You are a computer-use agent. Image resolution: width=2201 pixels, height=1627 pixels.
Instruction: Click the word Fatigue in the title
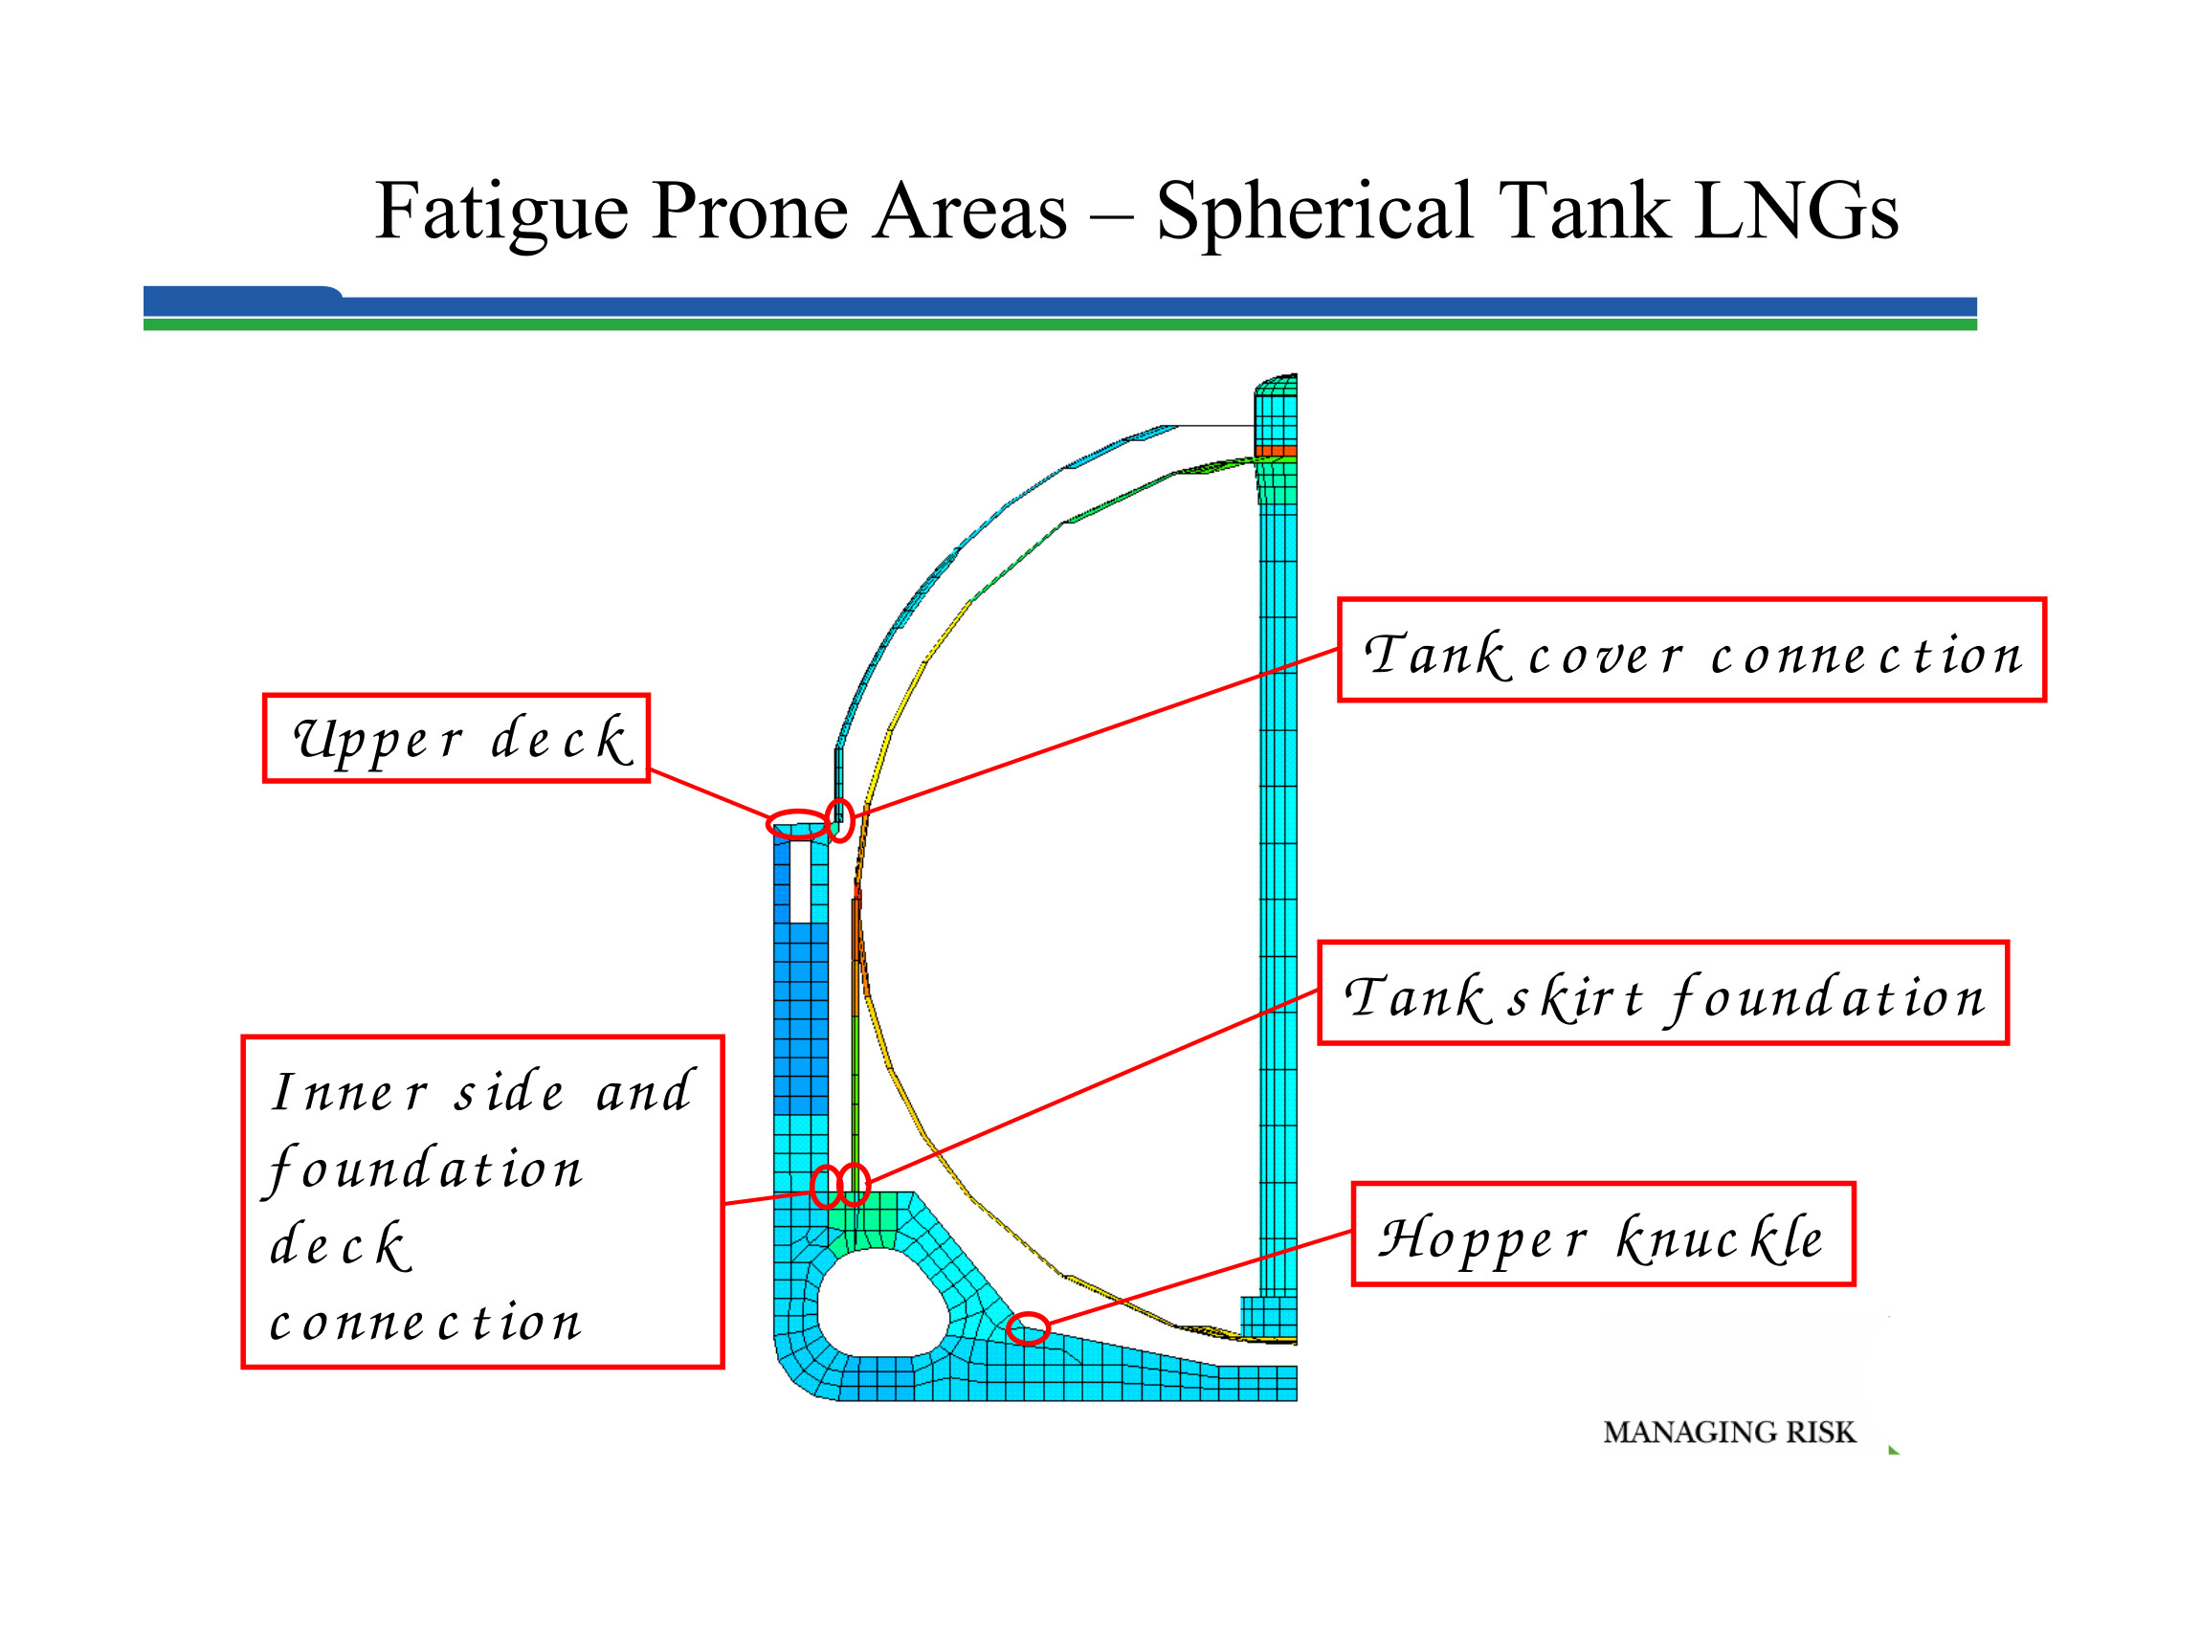click(x=500, y=212)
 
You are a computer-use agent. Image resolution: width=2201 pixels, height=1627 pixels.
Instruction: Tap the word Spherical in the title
click(x=1314, y=212)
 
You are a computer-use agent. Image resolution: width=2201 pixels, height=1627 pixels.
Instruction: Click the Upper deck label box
click(x=456, y=740)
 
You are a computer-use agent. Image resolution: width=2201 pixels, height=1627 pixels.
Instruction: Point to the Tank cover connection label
click(x=1691, y=651)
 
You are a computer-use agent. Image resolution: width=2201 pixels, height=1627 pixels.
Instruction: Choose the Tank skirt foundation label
click(x=1662, y=993)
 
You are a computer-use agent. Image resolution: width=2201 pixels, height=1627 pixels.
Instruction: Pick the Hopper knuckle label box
click(x=1602, y=1235)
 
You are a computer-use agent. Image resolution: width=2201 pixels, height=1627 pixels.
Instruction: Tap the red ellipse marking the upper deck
click(x=797, y=824)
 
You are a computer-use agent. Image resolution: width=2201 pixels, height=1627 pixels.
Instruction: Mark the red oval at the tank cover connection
click(x=840, y=819)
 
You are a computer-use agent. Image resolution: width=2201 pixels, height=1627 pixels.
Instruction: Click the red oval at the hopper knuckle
click(x=1028, y=1328)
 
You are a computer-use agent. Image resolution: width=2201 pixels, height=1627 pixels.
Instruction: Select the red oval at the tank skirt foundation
click(x=855, y=1185)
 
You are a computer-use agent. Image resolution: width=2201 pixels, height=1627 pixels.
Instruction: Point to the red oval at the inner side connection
click(x=826, y=1187)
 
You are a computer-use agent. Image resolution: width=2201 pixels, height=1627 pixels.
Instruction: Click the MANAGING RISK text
click(x=1728, y=1432)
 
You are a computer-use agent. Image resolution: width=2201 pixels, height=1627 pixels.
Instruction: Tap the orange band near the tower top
click(x=1276, y=452)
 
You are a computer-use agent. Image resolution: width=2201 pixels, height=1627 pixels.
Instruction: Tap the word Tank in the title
click(x=1585, y=212)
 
